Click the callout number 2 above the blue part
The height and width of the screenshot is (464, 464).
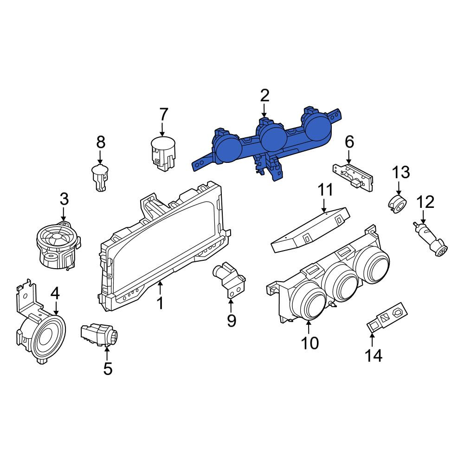[264, 96]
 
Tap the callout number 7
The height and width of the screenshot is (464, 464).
[164, 114]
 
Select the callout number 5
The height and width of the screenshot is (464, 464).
[108, 369]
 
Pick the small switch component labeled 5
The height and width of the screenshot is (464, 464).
[99, 335]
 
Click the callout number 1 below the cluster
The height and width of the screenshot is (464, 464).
[160, 303]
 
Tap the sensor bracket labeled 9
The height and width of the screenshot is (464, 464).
[229, 279]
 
